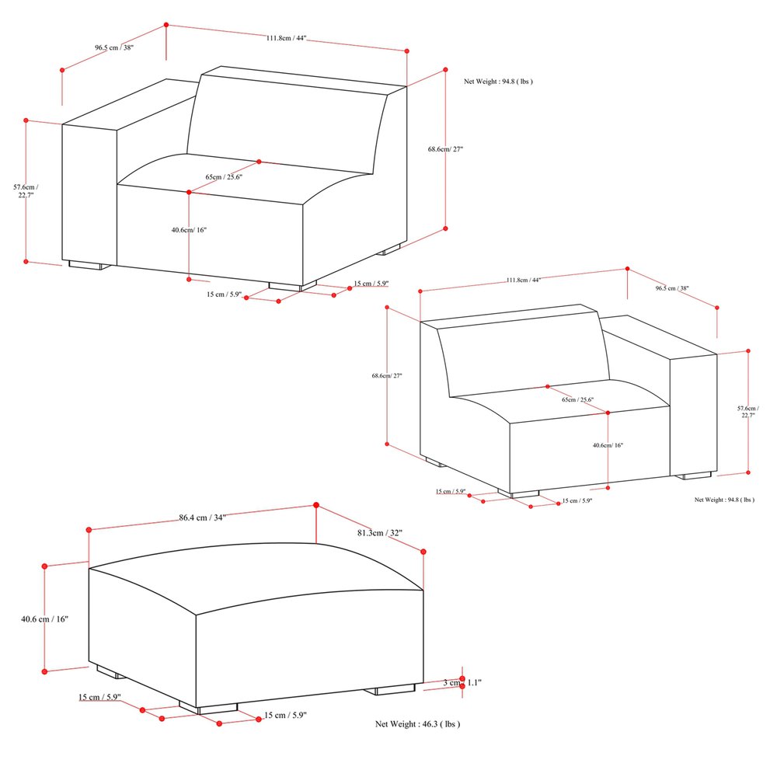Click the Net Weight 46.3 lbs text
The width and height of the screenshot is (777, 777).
point(417,724)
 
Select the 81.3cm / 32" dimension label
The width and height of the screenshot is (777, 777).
point(380,533)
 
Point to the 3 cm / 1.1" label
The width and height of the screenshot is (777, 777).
point(462,682)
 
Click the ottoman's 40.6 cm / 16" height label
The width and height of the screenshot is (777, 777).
point(45,619)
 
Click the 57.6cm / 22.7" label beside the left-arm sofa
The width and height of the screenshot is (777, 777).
point(25,191)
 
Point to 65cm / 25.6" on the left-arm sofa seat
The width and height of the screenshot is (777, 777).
point(224,177)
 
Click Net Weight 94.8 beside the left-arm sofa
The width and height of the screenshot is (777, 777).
point(498,81)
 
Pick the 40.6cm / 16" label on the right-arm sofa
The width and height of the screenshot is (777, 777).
point(608,446)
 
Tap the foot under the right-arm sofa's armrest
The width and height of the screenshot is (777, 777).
point(692,475)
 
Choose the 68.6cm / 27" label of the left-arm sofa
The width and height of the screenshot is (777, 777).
point(445,148)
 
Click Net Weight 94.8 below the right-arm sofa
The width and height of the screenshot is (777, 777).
point(724,500)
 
